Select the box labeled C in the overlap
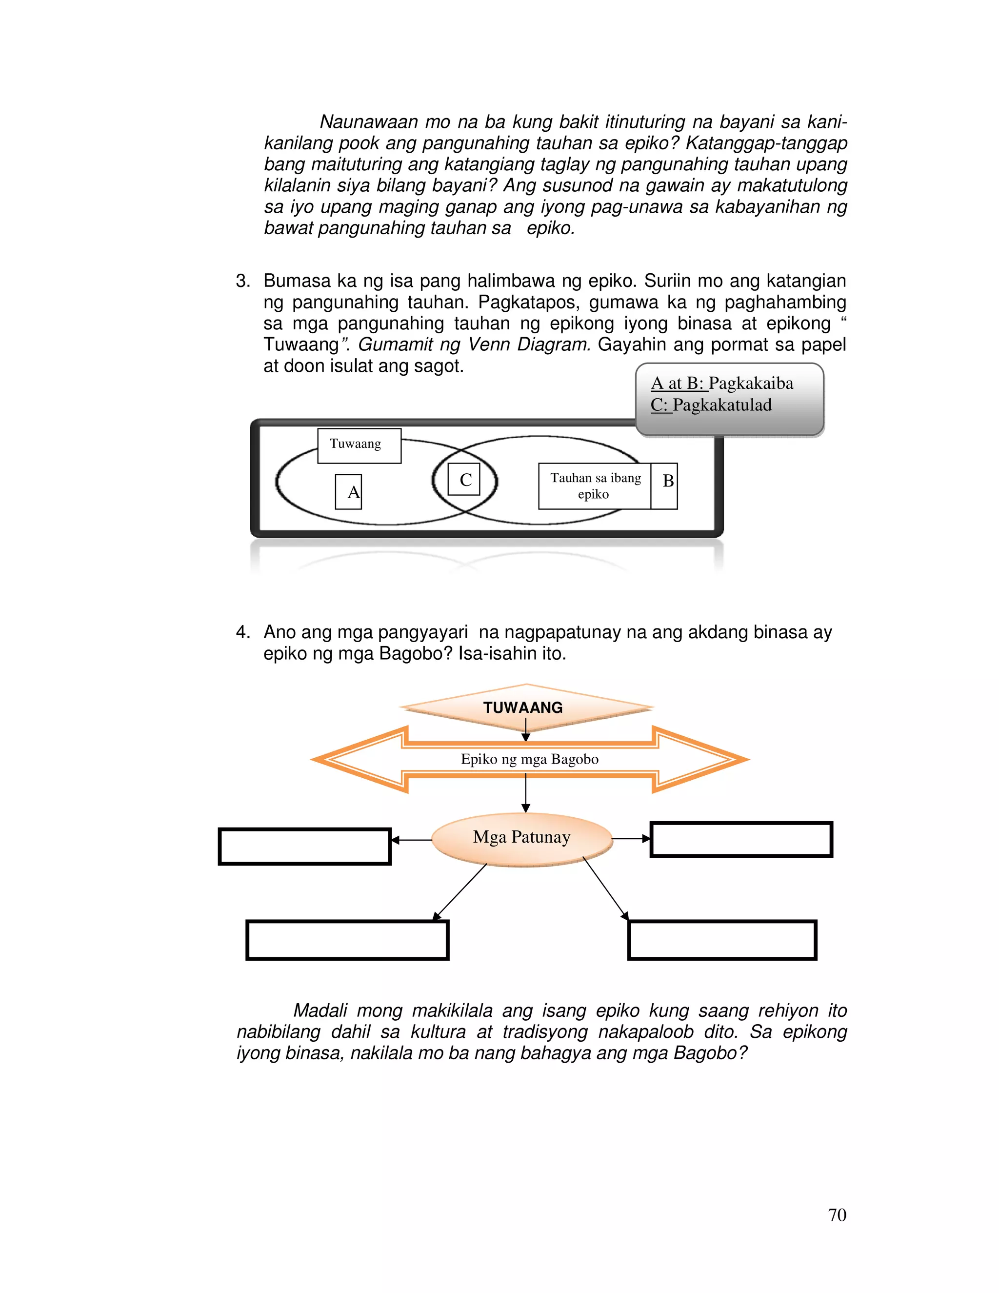click(x=464, y=480)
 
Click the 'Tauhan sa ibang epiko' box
click(x=594, y=485)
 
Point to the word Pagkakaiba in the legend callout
click(x=750, y=383)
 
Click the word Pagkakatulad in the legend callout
click(x=722, y=405)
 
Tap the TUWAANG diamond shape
click(x=523, y=707)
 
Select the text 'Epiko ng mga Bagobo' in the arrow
click(x=530, y=759)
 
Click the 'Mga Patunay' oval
click(x=521, y=837)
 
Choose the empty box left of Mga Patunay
click(x=304, y=846)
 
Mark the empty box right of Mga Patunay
click(x=741, y=839)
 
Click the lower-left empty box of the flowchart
click(x=347, y=940)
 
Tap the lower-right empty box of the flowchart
click(x=722, y=940)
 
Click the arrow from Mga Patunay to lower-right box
click(x=605, y=888)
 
